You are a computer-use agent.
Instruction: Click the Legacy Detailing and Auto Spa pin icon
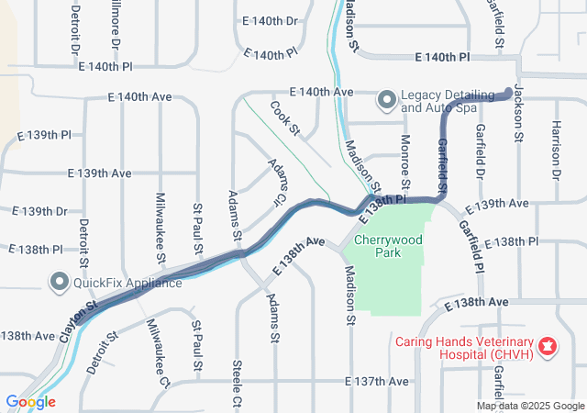tap(387, 98)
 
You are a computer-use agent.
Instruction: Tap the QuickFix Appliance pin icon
tap(61, 282)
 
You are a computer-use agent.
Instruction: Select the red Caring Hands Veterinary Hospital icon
tap(548, 346)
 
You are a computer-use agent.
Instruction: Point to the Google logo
tap(30, 402)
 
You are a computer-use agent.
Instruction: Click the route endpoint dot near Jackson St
tap(510, 92)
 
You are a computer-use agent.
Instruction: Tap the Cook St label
tap(285, 117)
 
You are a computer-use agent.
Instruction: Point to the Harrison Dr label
tap(556, 150)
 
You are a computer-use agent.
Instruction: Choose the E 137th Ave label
tap(376, 381)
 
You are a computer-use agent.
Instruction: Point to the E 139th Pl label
tap(45, 136)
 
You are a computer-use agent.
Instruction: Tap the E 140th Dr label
tap(271, 20)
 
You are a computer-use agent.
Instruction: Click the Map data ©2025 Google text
tap(530, 406)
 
